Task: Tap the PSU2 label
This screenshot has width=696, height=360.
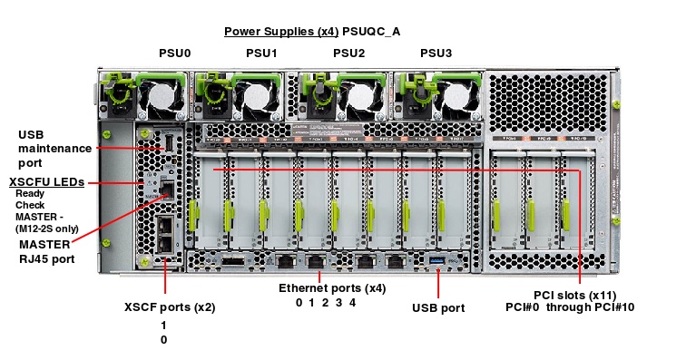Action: [348, 54]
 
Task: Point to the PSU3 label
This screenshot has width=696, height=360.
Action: [436, 54]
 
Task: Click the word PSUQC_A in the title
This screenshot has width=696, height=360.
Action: [371, 32]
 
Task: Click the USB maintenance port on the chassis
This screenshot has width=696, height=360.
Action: [167, 142]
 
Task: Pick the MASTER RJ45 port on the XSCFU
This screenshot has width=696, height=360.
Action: [166, 190]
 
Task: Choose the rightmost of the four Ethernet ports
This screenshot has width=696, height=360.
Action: [395, 261]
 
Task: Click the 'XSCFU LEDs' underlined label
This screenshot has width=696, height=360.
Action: [47, 182]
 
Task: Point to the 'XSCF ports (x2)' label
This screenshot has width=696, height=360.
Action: [169, 307]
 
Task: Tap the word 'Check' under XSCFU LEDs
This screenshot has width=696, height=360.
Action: [29, 205]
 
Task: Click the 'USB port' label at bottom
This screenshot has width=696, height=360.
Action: [437, 308]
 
